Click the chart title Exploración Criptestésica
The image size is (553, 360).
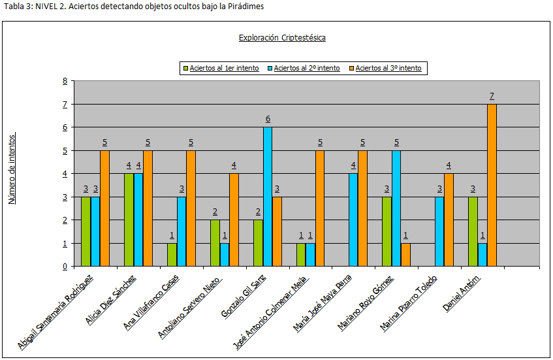(x=282, y=37)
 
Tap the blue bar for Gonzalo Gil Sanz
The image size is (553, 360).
(x=267, y=197)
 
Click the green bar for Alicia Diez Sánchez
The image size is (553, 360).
(x=129, y=220)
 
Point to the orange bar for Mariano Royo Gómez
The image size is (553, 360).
(x=405, y=254)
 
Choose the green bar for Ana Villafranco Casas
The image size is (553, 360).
(x=172, y=254)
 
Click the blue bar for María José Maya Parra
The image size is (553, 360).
(x=353, y=220)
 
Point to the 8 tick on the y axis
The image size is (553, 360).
(x=65, y=81)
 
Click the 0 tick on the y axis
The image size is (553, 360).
(x=65, y=266)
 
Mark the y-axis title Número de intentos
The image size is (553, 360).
(x=12, y=169)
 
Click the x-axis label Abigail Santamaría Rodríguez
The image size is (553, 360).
(x=57, y=312)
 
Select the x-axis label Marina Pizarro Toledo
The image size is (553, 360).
(x=409, y=303)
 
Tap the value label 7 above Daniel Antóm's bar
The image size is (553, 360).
(x=492, y=96)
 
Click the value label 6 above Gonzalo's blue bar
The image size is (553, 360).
(x=267, y=119)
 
